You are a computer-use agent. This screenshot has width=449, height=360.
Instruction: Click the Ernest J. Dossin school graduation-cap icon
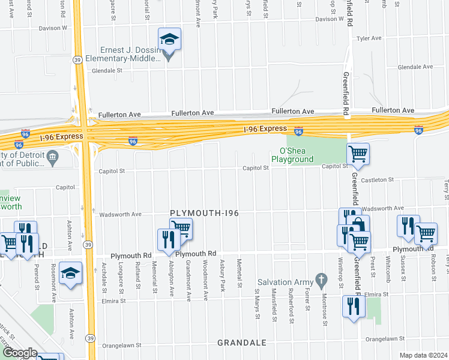click(x=169, y=40)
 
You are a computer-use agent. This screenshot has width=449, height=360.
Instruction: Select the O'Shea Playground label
click(x=292, y=155)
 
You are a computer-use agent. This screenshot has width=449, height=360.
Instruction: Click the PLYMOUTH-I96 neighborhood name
click(x=205, y=213)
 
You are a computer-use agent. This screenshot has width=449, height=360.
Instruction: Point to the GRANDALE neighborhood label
click(x=243, y=343)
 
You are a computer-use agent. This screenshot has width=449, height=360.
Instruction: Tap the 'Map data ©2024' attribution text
click(x=424, y=355)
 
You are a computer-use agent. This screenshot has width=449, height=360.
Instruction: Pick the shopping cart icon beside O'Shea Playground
click(x=358, y=154)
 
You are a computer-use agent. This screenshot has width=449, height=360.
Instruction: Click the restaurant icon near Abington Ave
click(x=166, y=239)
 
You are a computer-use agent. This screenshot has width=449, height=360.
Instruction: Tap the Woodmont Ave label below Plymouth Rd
click(x=205, y=280)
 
